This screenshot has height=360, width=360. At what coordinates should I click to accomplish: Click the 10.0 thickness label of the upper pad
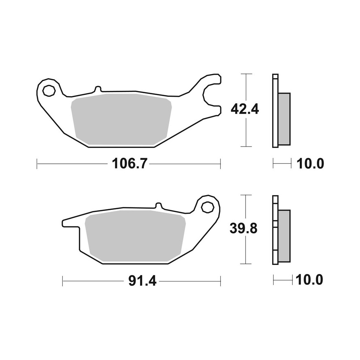[x=310, y=164]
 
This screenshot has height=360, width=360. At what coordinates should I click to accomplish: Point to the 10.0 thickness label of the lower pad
[x=309, y=279]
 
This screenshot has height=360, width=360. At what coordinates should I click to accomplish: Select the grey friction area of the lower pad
[x=135, y=236]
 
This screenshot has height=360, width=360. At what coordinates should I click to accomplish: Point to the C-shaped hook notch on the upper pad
[x=209, y=96]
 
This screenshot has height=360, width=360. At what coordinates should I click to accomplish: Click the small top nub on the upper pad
[x=97, y=89]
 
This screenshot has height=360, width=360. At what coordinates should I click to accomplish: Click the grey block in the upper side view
[x=284, y=119]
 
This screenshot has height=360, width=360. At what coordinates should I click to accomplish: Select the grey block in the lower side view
[x=284, y=236]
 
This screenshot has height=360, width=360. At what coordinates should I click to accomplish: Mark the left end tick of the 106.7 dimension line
[x=37, y=164]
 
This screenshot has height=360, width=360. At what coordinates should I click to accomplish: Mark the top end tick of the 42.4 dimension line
[x=246, y=74]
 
